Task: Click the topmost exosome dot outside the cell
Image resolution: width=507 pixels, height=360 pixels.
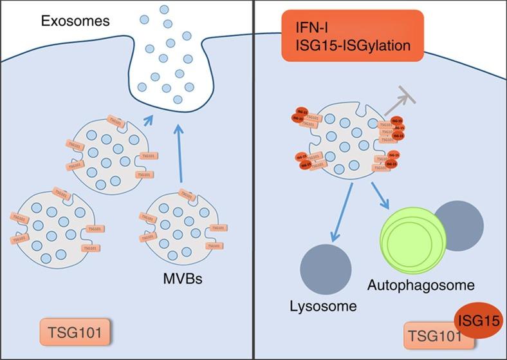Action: (x=164, y=10)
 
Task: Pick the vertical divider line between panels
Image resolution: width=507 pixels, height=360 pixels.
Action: (x=253, y=180)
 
